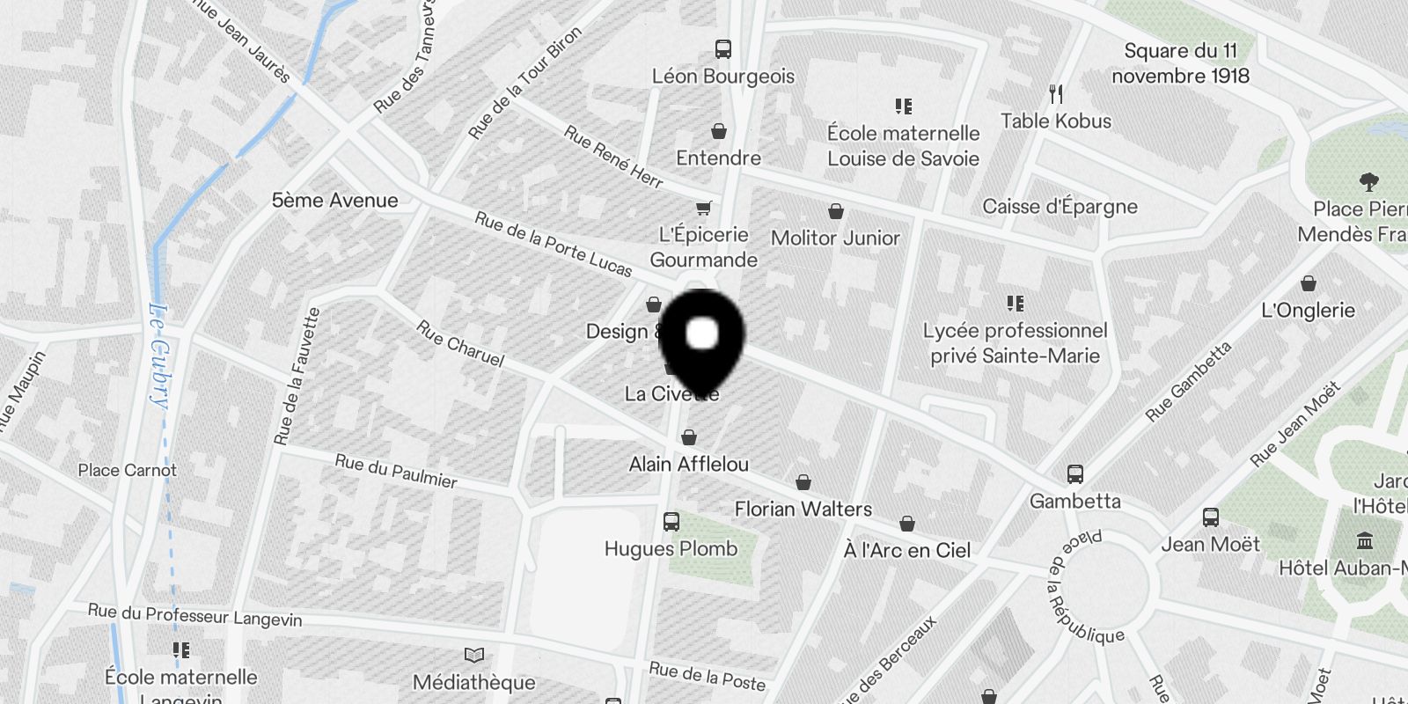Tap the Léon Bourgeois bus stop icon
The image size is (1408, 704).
click(723, 49)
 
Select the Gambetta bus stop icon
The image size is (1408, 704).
click(1074, 474)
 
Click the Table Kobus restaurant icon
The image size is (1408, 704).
click(1057, 93)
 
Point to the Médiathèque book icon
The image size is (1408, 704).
click(474, 655)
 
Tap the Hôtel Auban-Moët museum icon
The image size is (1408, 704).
click(1365, 539)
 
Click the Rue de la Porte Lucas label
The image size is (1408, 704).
click(553, 244)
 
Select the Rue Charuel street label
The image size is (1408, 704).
click(460, 343)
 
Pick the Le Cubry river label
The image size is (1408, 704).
click(159, 356)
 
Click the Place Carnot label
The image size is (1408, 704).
click(128, 470)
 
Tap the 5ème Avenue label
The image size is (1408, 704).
click(334, 201)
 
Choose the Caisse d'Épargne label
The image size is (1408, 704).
click(1060, 207)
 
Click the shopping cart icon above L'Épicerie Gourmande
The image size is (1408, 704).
click(703, 209)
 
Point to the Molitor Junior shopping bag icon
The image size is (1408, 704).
click(835, 211)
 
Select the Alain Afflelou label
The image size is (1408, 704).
click(688, 464)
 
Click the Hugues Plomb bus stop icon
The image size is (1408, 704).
click(671, 522)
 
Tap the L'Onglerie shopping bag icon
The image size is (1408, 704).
click(1309, 283)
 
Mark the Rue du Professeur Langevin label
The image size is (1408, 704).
click(194, 614)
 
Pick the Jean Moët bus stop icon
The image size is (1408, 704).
click(1210, 517)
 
